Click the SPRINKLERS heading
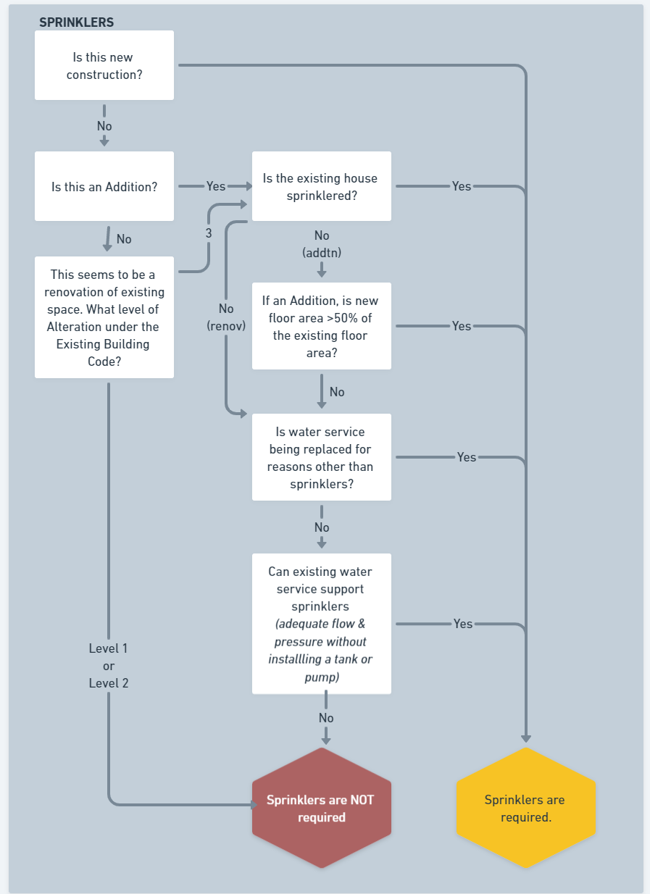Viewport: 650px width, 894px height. click(76, 22)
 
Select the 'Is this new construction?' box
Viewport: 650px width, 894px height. click(104, 65)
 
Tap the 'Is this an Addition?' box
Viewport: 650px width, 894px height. click(104, 186)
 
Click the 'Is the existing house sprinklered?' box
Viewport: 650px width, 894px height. click(322, 186)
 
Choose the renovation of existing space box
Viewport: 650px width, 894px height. click(104, 317)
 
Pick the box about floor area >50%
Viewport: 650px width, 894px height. click(322, 326)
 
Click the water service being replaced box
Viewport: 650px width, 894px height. click(322, 457)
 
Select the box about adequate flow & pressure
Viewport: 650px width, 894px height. click(322, 623)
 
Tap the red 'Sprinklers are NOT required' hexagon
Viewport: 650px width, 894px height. click(322, 808)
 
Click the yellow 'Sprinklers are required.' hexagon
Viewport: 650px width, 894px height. click(526, 808)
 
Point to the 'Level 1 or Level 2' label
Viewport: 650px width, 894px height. click(109, 666)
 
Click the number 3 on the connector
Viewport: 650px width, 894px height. click(209, 233)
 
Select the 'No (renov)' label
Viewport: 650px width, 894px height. click(226, 317)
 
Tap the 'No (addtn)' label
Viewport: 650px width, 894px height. click(322, 244)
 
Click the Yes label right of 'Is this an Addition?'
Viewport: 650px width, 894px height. click(216, 186)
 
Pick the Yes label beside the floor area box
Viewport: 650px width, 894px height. click(462, 326)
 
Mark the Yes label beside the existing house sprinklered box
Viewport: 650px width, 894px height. click(462, 186)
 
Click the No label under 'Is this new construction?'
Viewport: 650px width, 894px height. click(104, 126)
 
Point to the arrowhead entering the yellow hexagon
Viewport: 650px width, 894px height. click(526, 739)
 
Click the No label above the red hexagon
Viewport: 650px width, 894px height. click(326, 718)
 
